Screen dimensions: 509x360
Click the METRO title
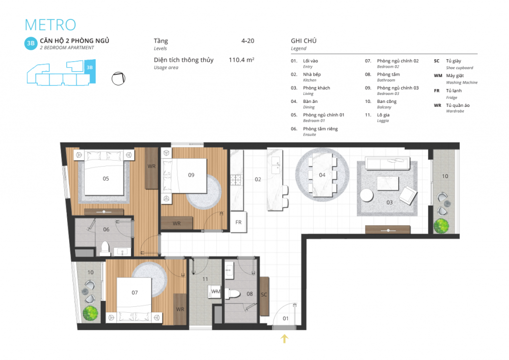tap(50, 25)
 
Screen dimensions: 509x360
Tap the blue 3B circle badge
tap(31, 43)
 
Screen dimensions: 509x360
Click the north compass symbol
tap(118, 78)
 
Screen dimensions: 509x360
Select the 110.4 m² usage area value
tap(241, 60)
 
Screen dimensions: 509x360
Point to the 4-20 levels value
tap(248, 41)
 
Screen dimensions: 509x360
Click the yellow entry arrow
tap(284, 338)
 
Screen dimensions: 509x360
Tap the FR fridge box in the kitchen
tap(239, 222)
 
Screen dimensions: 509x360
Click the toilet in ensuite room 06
tap(105, 248)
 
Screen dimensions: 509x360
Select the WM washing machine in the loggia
tap(214, 292)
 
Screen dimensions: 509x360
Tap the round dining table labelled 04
tap(322, 175)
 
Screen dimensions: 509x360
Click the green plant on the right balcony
tap(441, 226)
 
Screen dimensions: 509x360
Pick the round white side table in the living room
tap(366, 195)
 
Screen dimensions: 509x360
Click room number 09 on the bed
tap(191, 175)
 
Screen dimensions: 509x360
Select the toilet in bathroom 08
tap(233, 294)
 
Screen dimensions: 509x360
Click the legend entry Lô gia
tap(383, 115)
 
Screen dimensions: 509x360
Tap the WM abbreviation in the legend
tap(438, 76)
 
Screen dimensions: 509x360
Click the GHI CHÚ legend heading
tap(304, 41)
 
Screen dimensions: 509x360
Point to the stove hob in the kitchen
tap(236, 180)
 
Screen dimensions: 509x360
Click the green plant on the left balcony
tap(90, 313)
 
